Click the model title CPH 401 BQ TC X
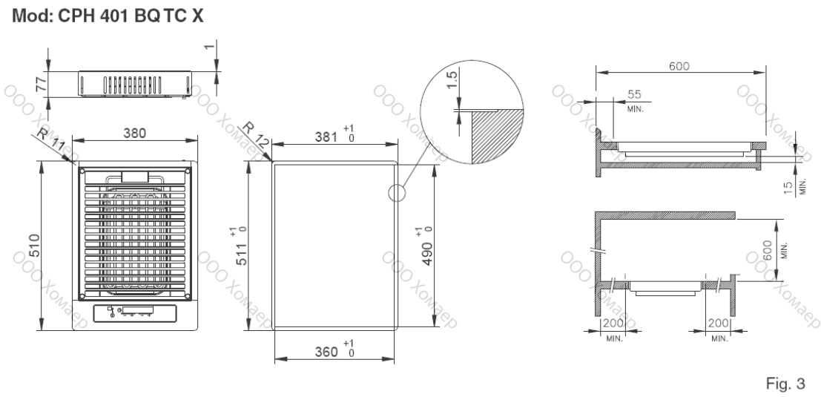click(x=131, y=16)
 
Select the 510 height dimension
click(x=33, y=245)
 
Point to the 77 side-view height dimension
click(x=42, y=83)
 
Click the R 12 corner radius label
click(x=256, y=134)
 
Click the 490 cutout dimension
click(x=425, y=246)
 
